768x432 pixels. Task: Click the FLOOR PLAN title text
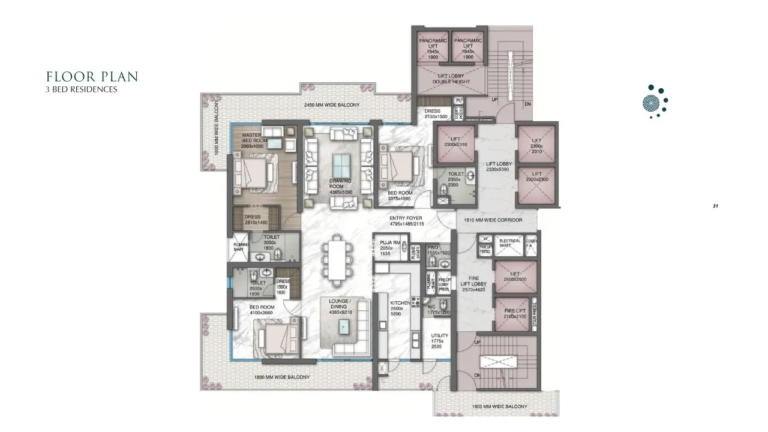coord(92,77)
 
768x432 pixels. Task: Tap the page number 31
coord(716,206)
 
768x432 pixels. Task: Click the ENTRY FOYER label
coord(406,221)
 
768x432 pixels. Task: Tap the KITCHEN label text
coord(400,303)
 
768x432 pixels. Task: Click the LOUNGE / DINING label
coord(340,304)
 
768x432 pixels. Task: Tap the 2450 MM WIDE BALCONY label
coord(332,106)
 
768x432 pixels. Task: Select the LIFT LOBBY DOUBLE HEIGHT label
coord(449,79)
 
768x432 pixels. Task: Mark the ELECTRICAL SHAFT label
coord(510,243)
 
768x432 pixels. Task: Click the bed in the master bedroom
coord(253,173)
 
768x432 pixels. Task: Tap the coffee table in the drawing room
coord(341,164)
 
